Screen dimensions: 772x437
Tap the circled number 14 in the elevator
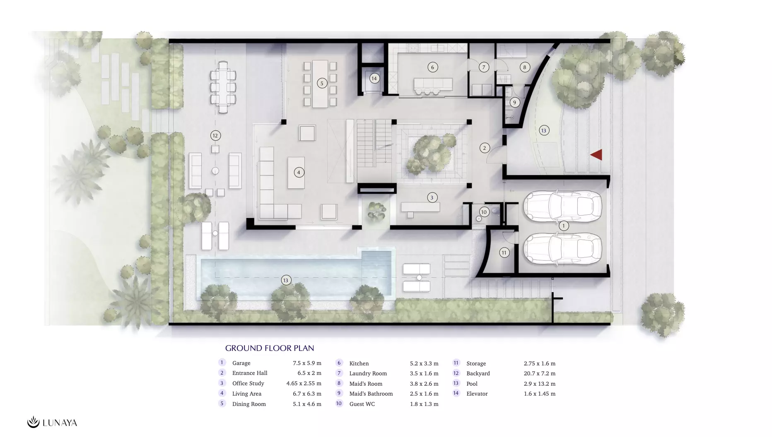pyautogui.click(x=374, y=78)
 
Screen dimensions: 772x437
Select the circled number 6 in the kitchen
pyautogui.click(x=433, y=67)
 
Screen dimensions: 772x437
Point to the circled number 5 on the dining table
pyautogui.click(x=322, y=83)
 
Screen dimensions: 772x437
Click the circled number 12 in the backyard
pyautogui.click(x=215, y=135)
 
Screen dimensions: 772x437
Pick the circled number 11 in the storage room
pyautogui.click(x=504, y=252)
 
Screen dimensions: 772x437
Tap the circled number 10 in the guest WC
pyautogui.click(x=484, y=212)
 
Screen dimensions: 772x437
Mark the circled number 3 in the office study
pyautogui.click(x=432, y=197)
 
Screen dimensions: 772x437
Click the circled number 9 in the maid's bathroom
pyautogui.click(x=514, y=102)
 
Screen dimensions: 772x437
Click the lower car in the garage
pyautogui.click(x=562, y=249)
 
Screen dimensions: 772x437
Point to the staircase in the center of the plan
pyautogui.click(x=374, y=143)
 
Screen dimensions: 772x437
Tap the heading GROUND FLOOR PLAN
pyautogui.click(x=270, y=348)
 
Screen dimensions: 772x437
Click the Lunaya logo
pyautogui.click(x=52, y=422)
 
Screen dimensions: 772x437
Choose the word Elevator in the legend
pyautogui.click(x=477, y=394)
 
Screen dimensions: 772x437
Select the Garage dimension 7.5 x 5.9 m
pyautogui.click(x=307, y=363)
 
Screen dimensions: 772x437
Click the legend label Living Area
pyautogui.click(x=247, y=394)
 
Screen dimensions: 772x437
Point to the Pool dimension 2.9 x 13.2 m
pyautogui.click(x=540, y=384)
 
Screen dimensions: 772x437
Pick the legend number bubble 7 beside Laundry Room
pyautogui.click(x=339, y=373)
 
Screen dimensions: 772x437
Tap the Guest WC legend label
pyautogui.click(x=362, y=404)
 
